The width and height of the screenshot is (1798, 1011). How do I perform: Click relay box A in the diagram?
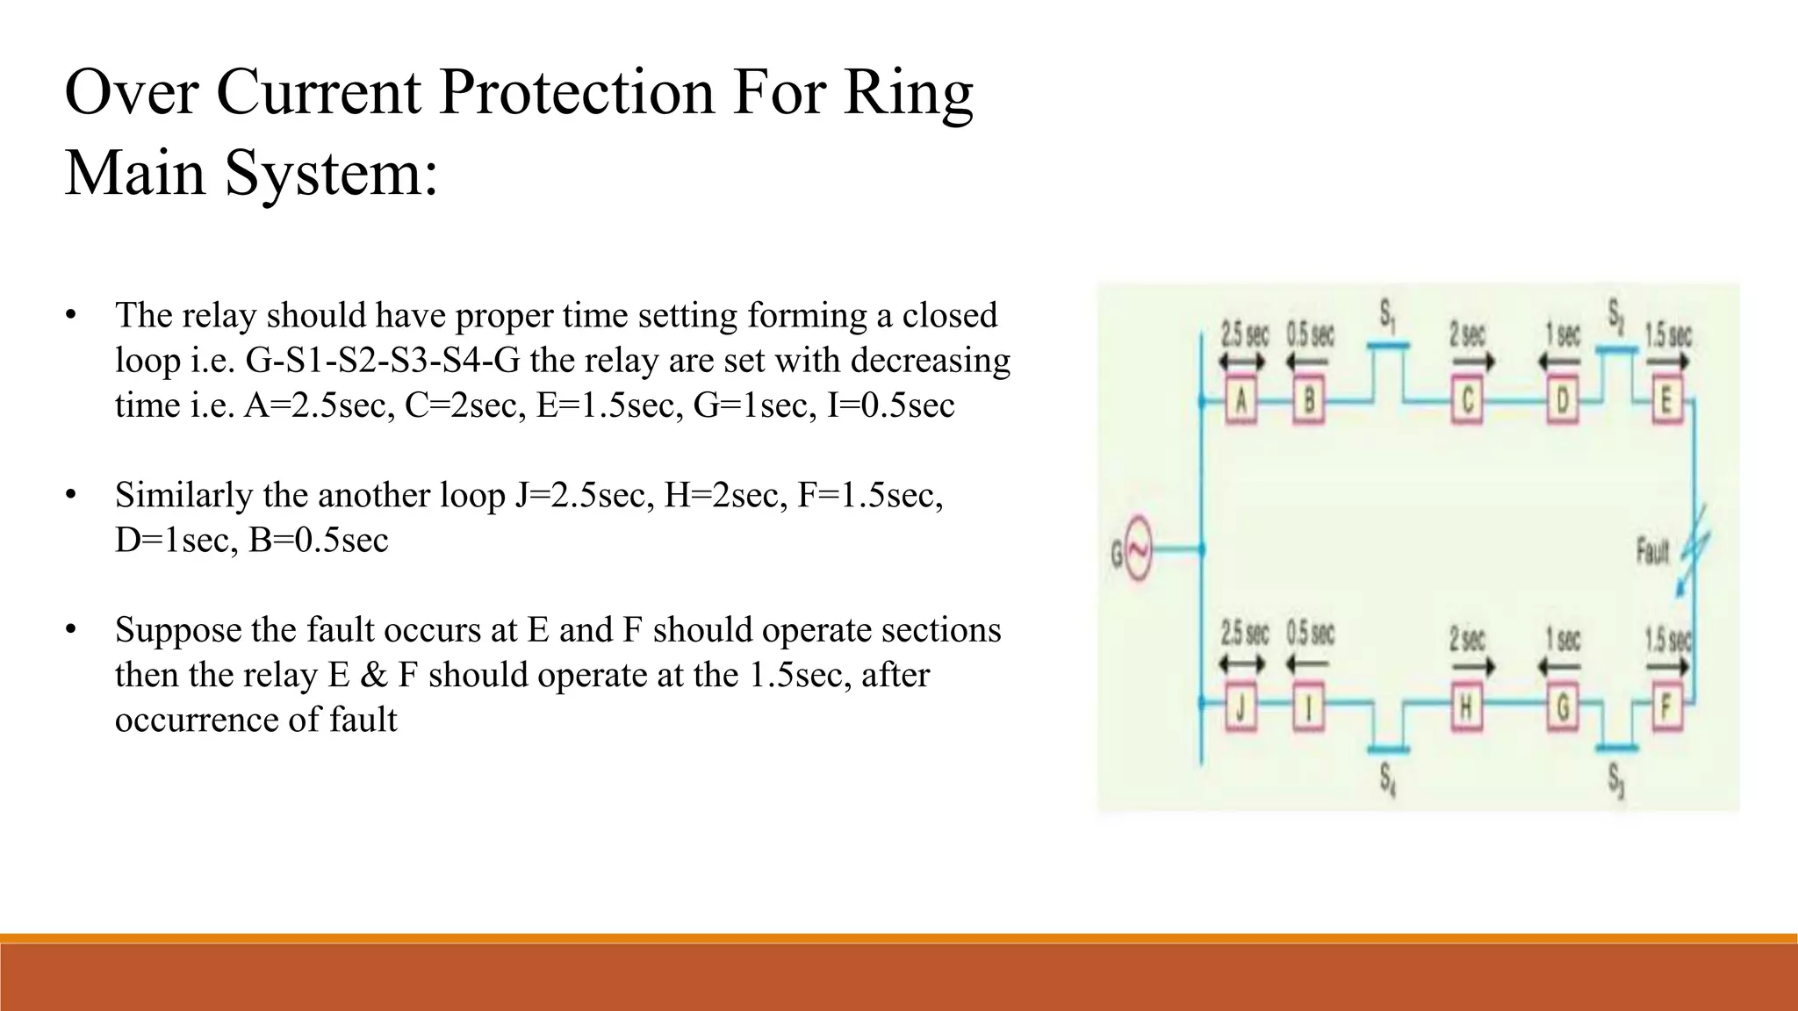coord(1241,402)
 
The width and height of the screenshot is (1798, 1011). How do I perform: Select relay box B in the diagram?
coord(1308,402)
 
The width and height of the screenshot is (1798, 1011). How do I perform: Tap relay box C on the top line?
coord(1467,402)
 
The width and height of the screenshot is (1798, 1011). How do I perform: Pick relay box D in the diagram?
coord(1562,402)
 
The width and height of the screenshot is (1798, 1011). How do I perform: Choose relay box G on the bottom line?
coord(1562,708)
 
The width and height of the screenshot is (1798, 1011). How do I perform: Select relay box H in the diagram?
coord(1465,708)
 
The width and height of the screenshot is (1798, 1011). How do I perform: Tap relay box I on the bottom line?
coord(1308,708)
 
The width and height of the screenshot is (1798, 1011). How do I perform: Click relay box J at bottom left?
coord(1241,708)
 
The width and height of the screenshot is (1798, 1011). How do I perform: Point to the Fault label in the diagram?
coord(1651,552)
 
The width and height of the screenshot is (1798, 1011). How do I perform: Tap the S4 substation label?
coord(1388,778)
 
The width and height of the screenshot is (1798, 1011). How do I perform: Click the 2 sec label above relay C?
coord(1467,334)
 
